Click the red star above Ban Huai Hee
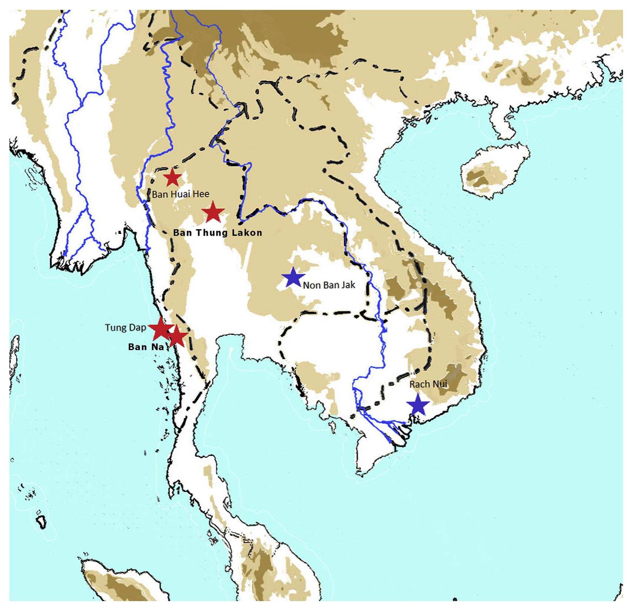coord(172,178)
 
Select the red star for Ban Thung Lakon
coord(213,212)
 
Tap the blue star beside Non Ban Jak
coord(293,277)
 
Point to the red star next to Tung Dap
coord(161,328)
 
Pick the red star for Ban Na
coord(177,336)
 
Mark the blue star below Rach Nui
coord(418,404)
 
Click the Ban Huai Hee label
coord(181,194)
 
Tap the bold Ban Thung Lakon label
coord(218,233)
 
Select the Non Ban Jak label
coord(329,285)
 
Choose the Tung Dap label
coord(125,327)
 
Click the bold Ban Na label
coord(146,347)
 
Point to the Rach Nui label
coord(428,384)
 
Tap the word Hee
coord(201,194)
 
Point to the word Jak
coord(348,285)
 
